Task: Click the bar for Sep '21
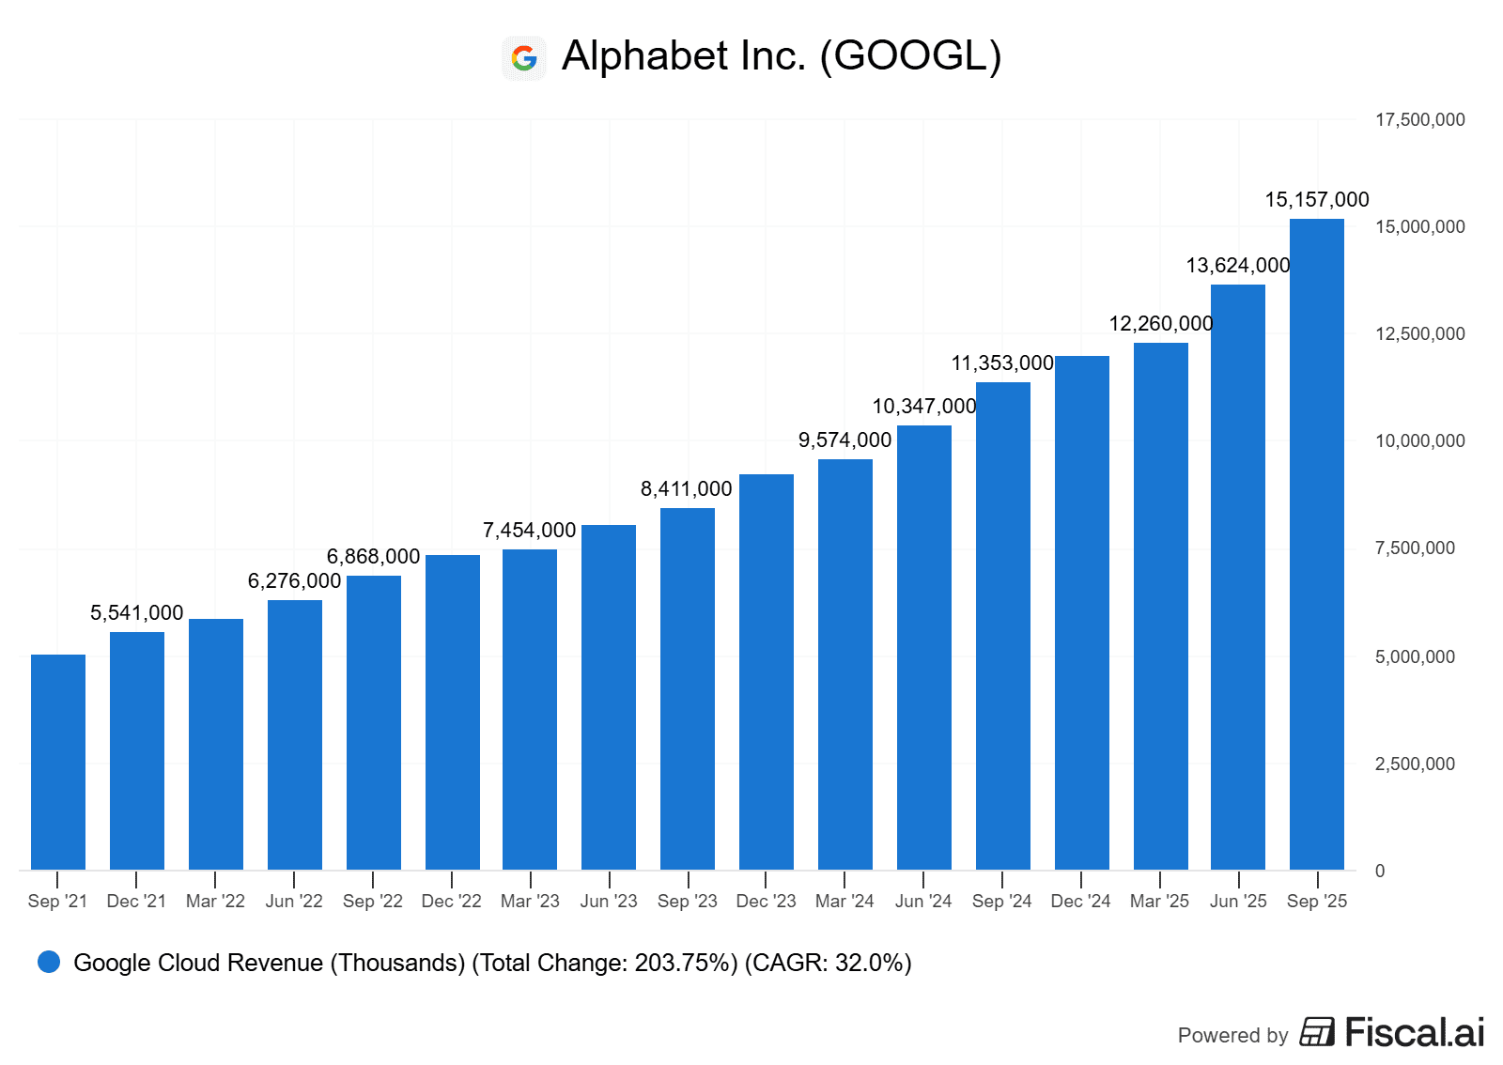tap(58, 762)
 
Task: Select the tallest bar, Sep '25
tap(1317, 544)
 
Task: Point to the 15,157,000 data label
tap(1317, 200)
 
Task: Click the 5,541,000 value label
tap(137, 613)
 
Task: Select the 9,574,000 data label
tap(844, 440)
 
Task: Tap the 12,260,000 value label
tap(1161, 324)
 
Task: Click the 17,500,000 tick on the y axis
tap(1419, 120)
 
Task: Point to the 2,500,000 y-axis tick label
tap(1415, 764)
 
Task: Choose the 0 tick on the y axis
tap(1380, 872)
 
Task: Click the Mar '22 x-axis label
tap(215, 902)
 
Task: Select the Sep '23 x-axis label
tap(688, 902)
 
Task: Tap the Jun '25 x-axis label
tap(1238, 902)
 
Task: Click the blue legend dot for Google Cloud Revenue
tap(49, 962)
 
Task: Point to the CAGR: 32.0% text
tap(828, 964)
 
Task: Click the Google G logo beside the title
tap(524, 58)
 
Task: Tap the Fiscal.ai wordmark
tap(1414, 1033)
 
